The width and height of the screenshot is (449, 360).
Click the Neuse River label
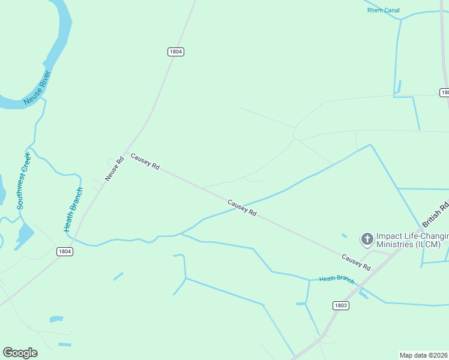[37, 88]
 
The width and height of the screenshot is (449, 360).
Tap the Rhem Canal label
[383, 10]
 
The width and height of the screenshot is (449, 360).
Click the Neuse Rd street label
[114, 169]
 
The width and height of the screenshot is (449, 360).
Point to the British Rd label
[436, 214]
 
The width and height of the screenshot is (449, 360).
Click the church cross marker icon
[367, 239]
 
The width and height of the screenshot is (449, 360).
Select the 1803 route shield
[340, 305]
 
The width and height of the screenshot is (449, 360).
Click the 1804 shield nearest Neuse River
[175, 52]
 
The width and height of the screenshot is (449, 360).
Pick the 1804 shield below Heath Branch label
[65, 251]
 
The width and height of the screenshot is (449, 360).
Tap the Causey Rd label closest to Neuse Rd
[145, 161]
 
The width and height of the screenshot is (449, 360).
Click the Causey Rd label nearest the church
[355, 262]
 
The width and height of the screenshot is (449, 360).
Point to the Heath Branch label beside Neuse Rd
[73, 209]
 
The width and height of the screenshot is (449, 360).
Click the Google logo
[20, 353]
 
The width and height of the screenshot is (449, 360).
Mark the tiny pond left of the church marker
[344, 236]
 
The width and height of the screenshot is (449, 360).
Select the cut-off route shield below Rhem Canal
[445, 92]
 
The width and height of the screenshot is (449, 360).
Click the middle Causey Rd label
[242, 208]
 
